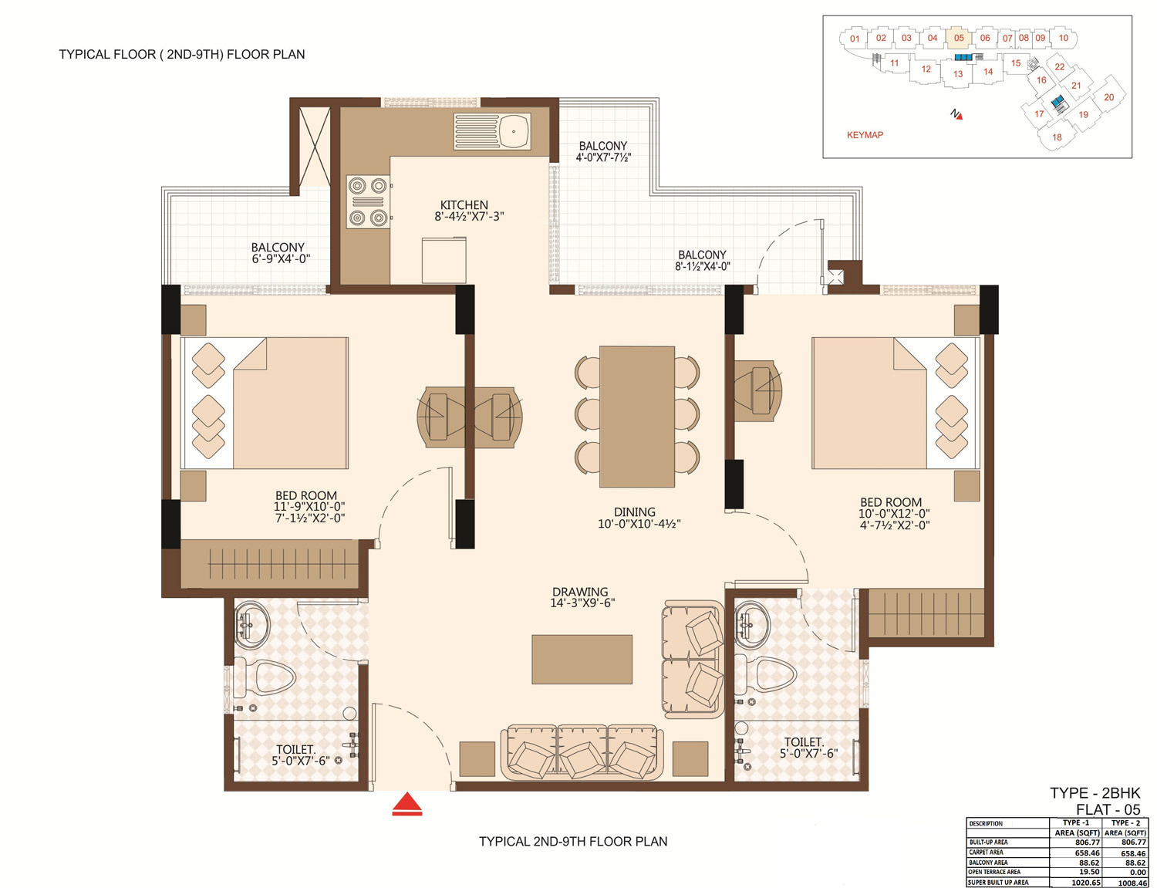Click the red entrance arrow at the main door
(407, 804)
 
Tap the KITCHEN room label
(464, 205)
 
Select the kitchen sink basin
(514, 131)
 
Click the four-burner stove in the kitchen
(368, 202)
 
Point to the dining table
(637, 417)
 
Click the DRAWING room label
(580, 592)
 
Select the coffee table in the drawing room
(582, 659)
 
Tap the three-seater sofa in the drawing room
(582, 752)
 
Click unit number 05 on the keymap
(959, 38)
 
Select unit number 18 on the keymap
(1057, 137)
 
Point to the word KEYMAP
(865, 135)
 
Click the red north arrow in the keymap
(958, 115)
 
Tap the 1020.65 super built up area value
(1086, 883)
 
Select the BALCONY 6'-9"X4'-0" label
(280, 253)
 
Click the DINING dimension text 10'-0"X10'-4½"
(639, 524)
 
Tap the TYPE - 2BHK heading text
(1095, 793)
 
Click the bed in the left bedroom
(265, 403)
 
